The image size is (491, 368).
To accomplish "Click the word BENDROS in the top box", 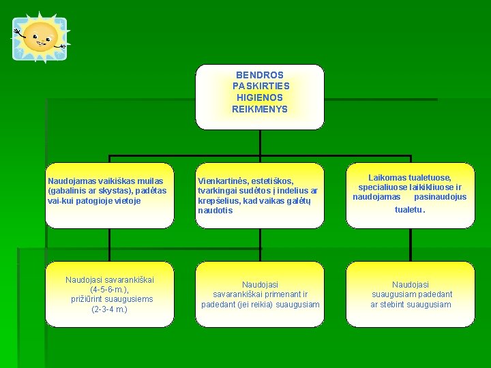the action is [260, 74].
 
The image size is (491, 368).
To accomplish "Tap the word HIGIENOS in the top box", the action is [260, 97].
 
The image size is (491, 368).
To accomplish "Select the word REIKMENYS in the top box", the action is [260, 109].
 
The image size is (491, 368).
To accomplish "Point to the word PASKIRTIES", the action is [261, 86].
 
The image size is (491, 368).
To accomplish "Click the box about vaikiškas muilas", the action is [109, 195].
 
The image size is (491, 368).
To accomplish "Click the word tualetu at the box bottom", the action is [408, 210].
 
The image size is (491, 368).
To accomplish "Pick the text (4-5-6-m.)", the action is [109, 290].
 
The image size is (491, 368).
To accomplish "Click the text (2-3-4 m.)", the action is [109, 309].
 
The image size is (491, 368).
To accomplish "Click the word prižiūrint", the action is [86, 299].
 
